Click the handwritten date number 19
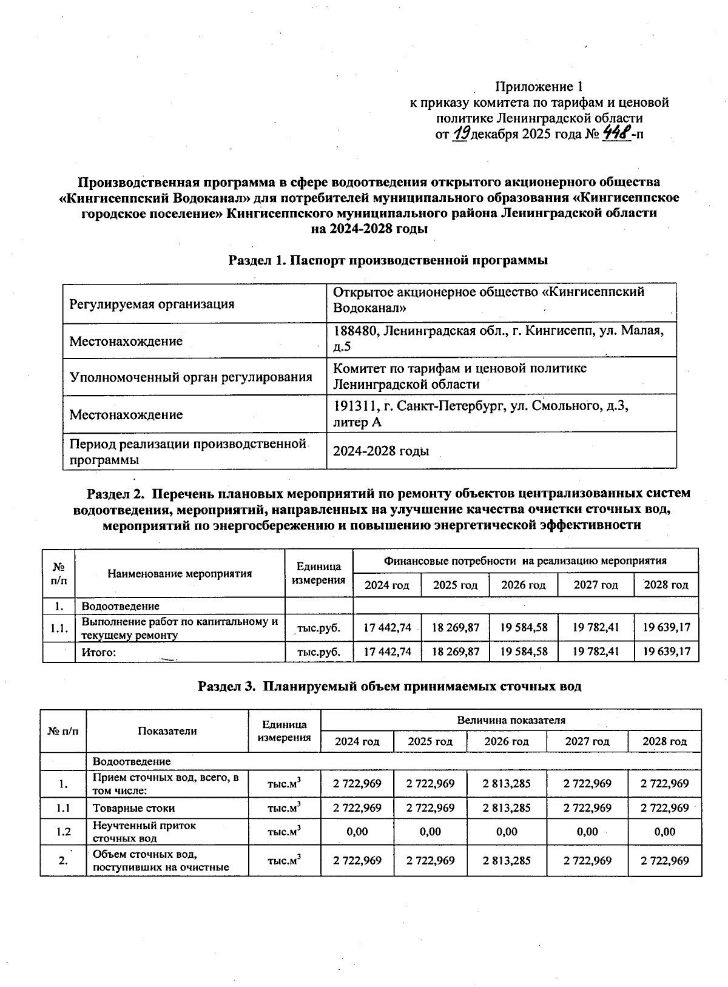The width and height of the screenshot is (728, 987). point(461,133)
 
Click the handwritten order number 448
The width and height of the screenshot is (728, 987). point(615,133)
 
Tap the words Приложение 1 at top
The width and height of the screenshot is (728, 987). point(539,87)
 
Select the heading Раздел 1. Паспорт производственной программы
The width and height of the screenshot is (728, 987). point(388,260)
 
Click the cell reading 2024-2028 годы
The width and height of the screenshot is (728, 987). point(381,451)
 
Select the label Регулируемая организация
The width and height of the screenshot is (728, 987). point(152,304)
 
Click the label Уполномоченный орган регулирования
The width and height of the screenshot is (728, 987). point(190,377)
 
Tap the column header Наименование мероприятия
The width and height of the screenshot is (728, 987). point(180,573)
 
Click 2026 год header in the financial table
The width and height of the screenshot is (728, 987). point(523,585)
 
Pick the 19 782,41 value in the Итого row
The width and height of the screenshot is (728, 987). point(596,652)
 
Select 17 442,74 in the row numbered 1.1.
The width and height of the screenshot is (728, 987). point(387,627)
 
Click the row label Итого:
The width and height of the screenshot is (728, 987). point(99,652)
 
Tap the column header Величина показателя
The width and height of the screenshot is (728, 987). point(511,720)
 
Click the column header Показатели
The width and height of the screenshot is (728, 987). point(167,731)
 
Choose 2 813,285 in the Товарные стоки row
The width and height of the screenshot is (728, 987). point(507,808)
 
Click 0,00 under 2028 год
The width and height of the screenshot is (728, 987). point(665,832)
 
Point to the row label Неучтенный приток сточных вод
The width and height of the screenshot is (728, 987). point(144,832)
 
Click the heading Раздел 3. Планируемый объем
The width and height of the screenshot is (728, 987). point(389,687)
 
